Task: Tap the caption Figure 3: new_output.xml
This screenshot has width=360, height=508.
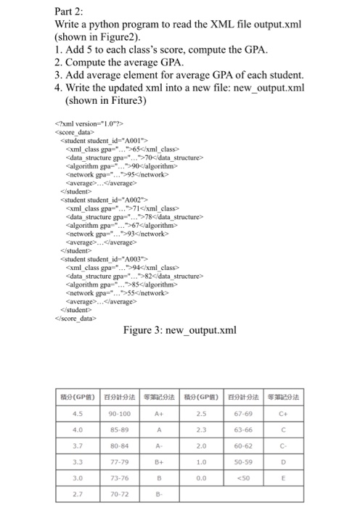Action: coord(180,332)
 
